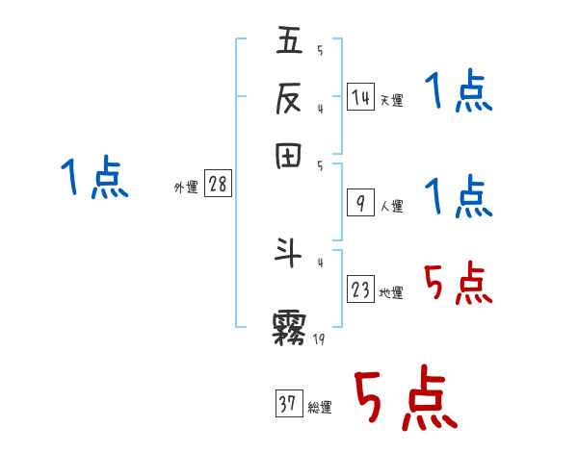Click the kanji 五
[x=289, y=41]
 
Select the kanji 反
[x=289, y=96]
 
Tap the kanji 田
[x=289, y=156]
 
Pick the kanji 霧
[x=290, y=327]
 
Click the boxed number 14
[x=360, y=96]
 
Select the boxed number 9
[x=360, y=203]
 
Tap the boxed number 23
[x=360, y=289]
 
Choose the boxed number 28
[x=219, y=184]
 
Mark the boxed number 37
[x=287, y=405]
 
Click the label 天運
[x=391, y=100]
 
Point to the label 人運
[x=391, y=206]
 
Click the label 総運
[x=319, y=408]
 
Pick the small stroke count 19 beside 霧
[x=319, y=339]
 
